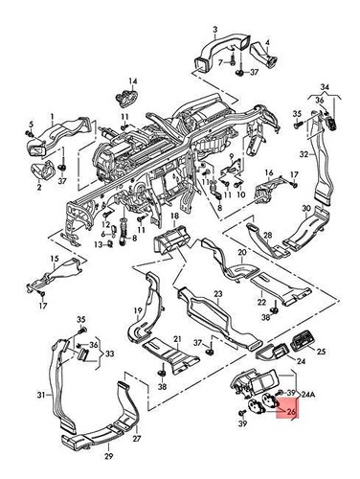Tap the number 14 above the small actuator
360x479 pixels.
pos(133,81)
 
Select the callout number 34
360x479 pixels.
pos(324,87)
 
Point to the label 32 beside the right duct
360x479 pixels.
pos(302,153)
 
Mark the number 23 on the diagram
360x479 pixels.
pos(217,294)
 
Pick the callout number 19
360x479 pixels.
pos(136,310)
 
